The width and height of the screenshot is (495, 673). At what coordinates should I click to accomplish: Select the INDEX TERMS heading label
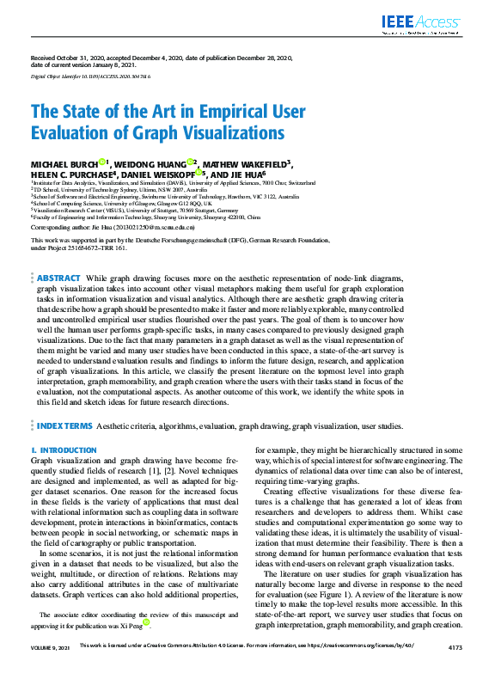coord(64,425)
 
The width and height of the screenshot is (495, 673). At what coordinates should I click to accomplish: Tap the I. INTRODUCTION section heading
coord(64,450)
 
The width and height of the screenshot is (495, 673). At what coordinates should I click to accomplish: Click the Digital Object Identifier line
coord(85,76)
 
